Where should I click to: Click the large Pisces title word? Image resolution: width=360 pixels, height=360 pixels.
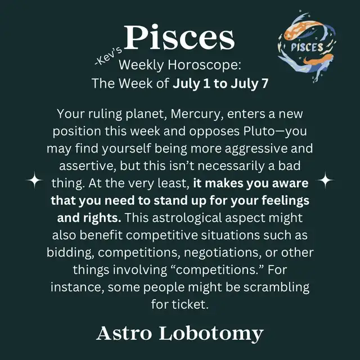(179, 37)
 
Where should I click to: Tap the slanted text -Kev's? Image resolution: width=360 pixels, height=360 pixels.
(109, 56)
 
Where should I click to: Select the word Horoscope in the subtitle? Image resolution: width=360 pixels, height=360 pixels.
(205, 65)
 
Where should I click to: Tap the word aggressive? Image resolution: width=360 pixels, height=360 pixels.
(256, 149)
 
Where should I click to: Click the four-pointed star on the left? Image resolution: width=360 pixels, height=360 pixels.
(35, 180)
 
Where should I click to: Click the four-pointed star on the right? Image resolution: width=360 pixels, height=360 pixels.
(325, 180)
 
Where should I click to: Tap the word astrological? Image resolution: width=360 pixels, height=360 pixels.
(187, 218)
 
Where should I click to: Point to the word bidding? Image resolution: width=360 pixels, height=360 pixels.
(70, 253)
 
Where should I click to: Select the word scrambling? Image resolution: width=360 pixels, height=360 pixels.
(276, 287)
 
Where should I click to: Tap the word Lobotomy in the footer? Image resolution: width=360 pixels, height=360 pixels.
(211, 334)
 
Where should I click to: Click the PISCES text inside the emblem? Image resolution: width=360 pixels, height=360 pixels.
(307, 47)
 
